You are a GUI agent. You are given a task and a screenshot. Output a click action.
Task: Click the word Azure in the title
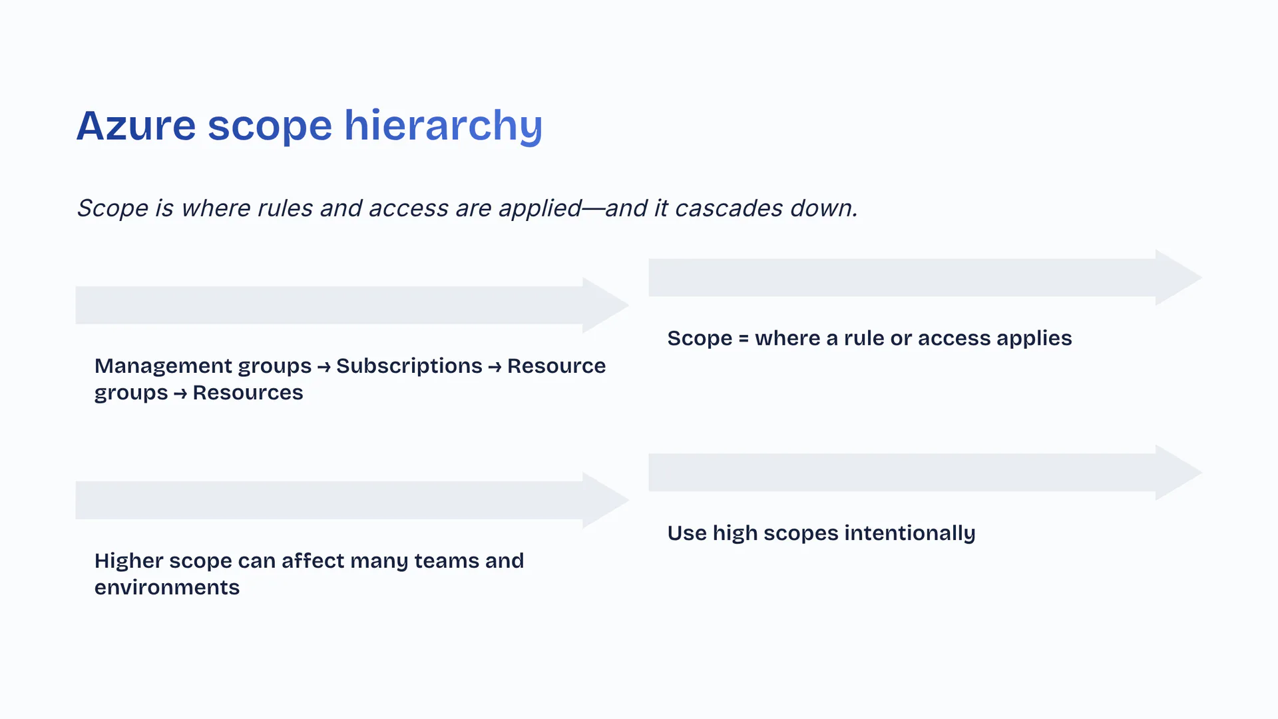click(x=136, y=125)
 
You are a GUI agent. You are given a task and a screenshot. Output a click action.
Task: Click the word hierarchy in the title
click(x=443, y=126)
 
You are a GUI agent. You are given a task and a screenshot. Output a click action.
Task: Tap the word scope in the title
click(x=270, y=128)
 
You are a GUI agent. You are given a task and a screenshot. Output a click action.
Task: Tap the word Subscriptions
click(x=409, y=367)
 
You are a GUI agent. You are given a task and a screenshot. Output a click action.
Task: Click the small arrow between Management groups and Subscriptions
click(x=324, y=367)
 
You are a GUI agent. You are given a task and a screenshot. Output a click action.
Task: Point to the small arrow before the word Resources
click(x=180, y=394)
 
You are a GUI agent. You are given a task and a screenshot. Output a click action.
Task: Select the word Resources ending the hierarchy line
click(x=248, y=393)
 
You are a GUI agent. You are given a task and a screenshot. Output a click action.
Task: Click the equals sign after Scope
click(x=744, y=339)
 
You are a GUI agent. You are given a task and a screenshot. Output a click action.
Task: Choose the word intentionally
click(x=910, y=533)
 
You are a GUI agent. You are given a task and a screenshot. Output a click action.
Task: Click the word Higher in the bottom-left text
click(x=129, y=561)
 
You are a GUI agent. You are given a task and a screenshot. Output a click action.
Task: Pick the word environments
click(x=167, y=588)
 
